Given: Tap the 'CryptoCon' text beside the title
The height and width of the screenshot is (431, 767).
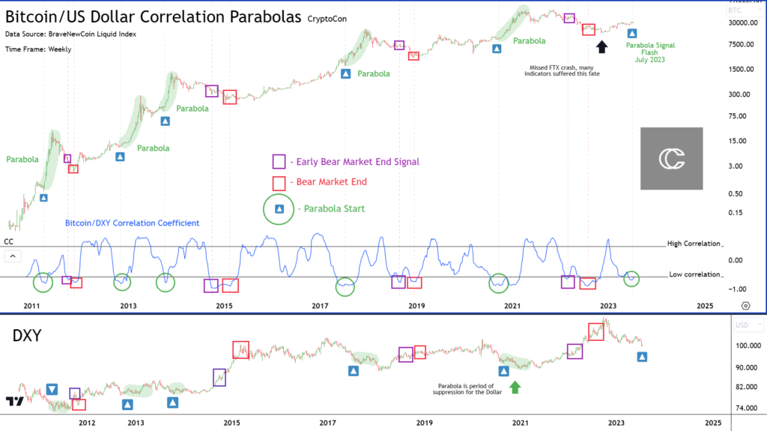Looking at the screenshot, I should tap(329, 17).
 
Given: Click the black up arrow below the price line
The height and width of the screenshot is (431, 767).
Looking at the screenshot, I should tap(601, 47).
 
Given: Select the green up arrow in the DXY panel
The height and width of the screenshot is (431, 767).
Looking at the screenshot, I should tap(515, 387).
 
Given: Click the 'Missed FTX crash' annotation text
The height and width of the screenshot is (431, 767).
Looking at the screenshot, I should tap(566, 70).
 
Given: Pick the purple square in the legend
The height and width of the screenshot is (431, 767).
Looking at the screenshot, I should tap(279, 161).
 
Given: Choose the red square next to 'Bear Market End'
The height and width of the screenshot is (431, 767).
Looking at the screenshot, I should tap(279, 182).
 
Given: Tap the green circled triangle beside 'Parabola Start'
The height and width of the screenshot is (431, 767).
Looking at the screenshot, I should tap(279, 208).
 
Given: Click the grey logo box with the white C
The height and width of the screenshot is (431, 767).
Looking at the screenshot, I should tap(671, 158).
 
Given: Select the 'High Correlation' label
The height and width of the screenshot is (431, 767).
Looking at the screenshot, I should tap(693, 244).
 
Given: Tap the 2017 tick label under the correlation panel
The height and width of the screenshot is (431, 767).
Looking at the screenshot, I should tap(320, 306).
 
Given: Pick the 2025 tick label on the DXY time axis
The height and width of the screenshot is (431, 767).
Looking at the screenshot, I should tap(713, 423).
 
